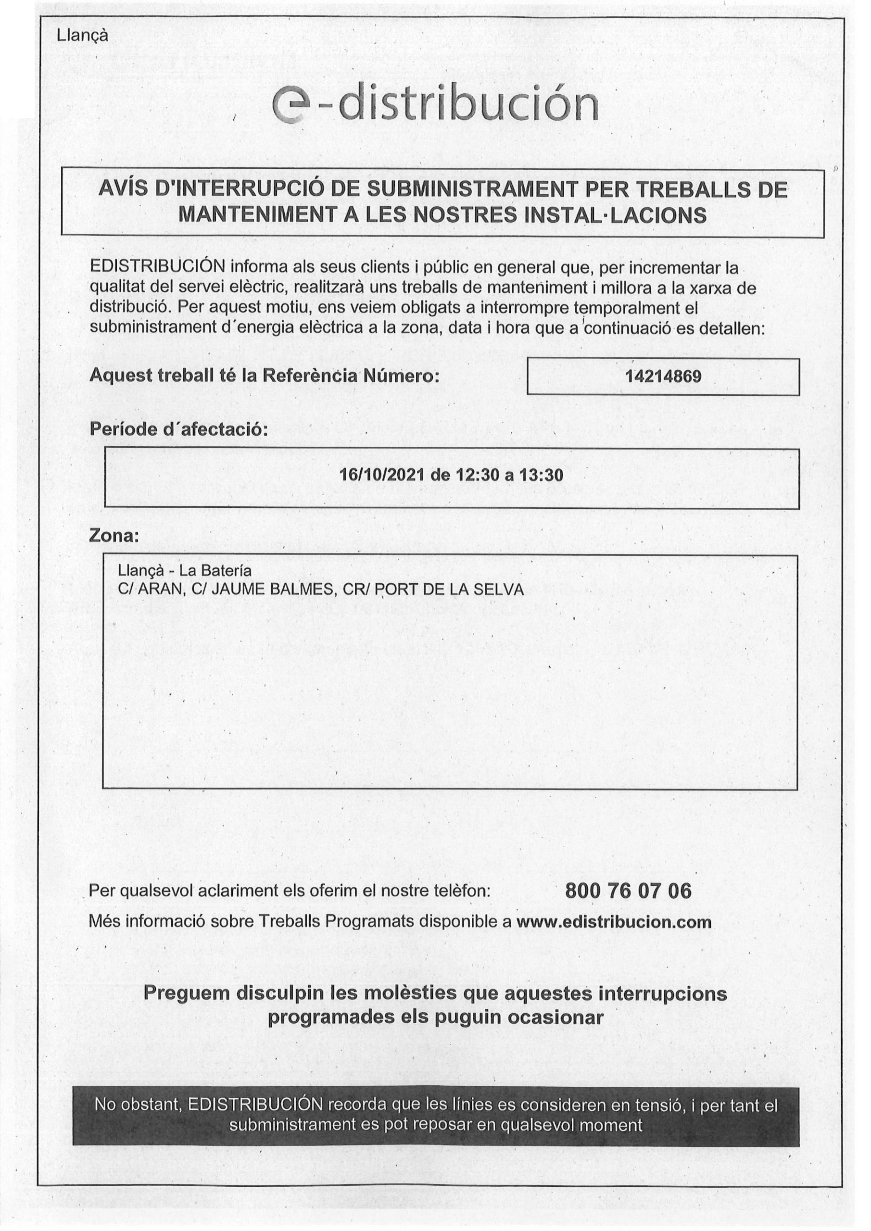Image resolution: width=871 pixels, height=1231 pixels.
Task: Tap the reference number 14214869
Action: [663, 377]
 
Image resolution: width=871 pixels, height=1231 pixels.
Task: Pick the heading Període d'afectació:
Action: [177, 429]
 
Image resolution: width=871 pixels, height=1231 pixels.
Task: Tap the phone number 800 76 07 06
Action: [628, 891]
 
